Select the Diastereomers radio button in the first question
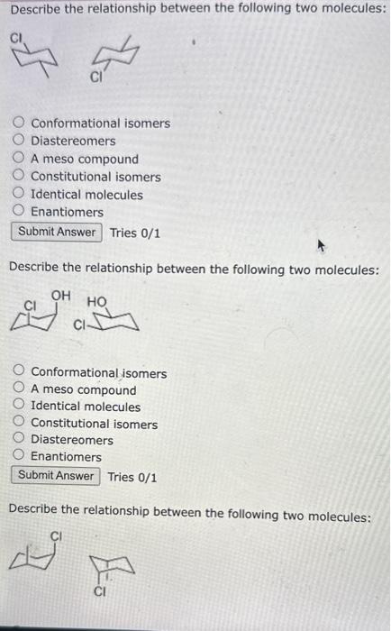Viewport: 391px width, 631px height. pyautogui.click(x=20, y=142)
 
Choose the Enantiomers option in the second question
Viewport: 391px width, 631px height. pyautogui.click(x=20, y=457)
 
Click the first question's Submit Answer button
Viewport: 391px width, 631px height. pyautogui.click(x=57, y=232)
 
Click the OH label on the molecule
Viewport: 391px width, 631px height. pyautogui.click(x=61, y=294)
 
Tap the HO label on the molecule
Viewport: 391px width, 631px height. pyautogui.click(x=97, y=301)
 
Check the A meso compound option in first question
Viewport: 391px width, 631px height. pyautogui.click(x=20, y=160)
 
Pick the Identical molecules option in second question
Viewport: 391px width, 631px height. pyautogui.click(x=20, y=407)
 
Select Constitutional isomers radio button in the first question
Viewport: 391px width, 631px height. pyautogui.click(x=20, y=177)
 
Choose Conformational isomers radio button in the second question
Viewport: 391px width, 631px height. pyautogui.click(x=20, y=373)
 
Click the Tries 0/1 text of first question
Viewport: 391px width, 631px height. pyautogui.click(x=135, y=233)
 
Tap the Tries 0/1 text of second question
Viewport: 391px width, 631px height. pyautogui.click(x=132, y=477)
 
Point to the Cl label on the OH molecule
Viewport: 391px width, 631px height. pyautogui.click(x=29, y=306)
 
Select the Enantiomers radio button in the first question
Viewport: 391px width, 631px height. pyautogui.click(x=20, y=212)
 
